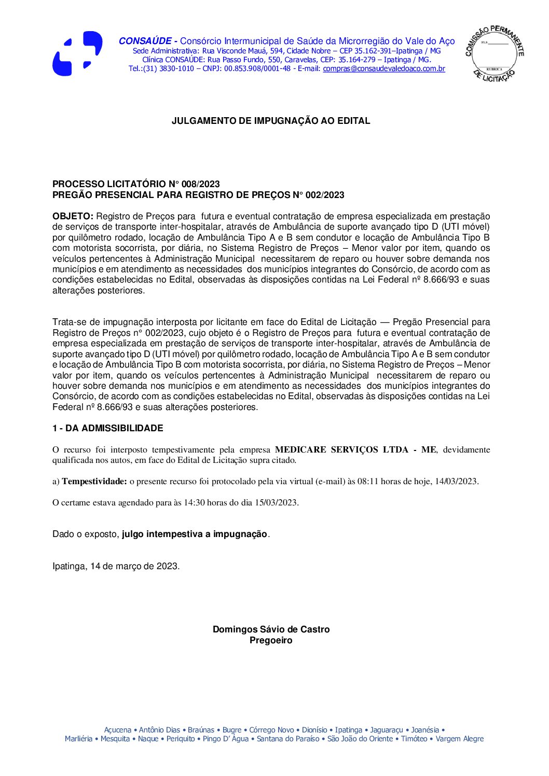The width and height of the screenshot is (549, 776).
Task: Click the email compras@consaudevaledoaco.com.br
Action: pos(384,68)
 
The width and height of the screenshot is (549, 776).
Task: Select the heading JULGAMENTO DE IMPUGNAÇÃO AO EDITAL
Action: pos(271,121)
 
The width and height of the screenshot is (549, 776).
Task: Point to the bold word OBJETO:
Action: pos(73,216)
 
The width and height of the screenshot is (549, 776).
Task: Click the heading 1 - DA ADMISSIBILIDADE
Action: pos(107,428)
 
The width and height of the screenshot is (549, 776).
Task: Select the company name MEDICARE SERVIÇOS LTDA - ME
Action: pos(355,449)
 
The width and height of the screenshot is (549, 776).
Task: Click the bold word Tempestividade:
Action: pos(94,481)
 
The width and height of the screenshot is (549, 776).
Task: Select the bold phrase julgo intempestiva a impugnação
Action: pos(195,534)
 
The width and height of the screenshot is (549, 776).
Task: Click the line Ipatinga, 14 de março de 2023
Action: pos(116,566)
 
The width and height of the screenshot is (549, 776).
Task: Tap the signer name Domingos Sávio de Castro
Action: pos(271,629)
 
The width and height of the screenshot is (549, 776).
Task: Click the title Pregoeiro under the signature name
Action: pos(271,640)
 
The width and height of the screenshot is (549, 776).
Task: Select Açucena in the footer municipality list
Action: pos(117,730)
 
